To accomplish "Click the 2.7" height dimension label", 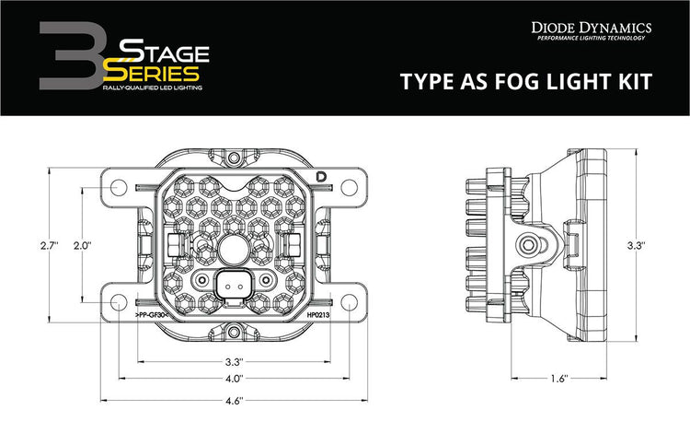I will [x=49, y=246].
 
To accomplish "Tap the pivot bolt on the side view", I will [x=531, y=245].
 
